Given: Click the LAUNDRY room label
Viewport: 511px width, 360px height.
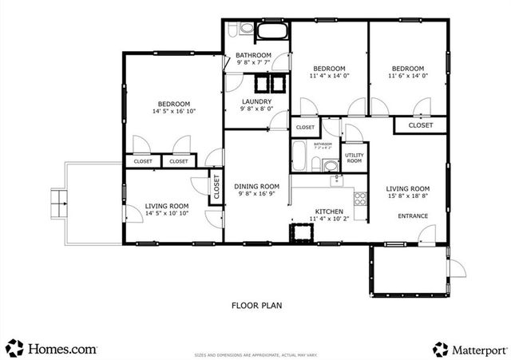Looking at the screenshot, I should (256, 102).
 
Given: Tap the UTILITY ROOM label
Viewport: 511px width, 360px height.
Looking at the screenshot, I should (354, 157).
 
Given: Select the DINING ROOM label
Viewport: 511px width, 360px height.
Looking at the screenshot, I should (256, 187).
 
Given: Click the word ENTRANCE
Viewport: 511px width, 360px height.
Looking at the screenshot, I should (413, 216).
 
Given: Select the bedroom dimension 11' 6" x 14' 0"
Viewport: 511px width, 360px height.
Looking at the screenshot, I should (407, 77).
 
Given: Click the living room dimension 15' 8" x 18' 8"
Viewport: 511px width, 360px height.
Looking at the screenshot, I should (413, 196).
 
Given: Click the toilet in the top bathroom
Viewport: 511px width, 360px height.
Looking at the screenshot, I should (245, 29).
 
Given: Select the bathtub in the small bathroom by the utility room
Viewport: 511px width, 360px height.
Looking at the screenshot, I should (299, 156).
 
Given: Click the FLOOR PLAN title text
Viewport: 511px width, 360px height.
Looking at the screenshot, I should (256, 304).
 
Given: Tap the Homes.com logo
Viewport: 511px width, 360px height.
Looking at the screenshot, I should (52, 348).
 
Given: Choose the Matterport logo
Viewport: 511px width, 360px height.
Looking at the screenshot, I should (469, 349).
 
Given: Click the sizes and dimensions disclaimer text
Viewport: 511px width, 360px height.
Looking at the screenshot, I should (256, 352).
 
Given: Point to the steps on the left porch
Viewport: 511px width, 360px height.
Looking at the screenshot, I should (58, 203).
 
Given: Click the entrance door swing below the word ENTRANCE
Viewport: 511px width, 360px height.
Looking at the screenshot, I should (427, 235).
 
